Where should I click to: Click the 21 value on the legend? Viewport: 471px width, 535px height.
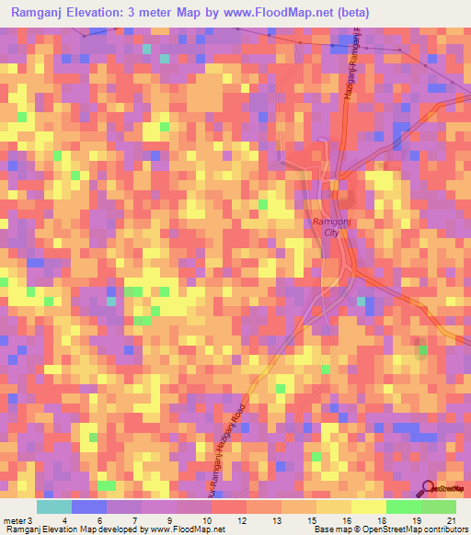pos(451,521)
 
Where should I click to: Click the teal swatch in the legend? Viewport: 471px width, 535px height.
pos(54,507)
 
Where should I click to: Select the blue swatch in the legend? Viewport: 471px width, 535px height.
pos(89,507)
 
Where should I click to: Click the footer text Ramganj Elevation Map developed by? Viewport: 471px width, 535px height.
pos(69,530)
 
